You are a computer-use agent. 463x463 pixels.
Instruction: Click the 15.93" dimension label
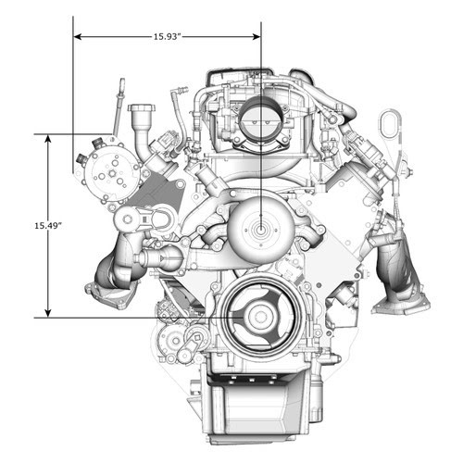click(167, 37)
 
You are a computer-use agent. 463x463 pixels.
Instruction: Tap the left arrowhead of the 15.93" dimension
click(78, 37)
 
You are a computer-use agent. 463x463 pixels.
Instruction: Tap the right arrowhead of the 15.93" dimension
click(257, 37)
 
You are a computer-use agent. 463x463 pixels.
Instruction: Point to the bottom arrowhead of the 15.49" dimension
click(47, 313)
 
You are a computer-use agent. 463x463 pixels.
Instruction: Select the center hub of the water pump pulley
click(261, 230)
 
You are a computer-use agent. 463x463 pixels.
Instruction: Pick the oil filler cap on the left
click(142, 109)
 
